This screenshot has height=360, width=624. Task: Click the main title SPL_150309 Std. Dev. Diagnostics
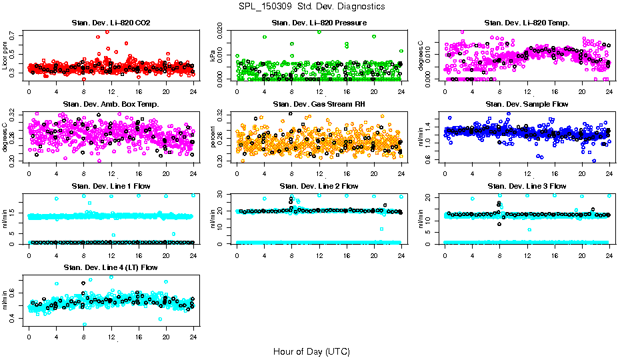click(311, 7)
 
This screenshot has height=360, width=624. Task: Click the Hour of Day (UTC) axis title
click(311, 351)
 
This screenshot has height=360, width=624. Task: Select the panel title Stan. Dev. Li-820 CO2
click(111, 23)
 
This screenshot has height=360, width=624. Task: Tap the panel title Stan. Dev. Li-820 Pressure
click(319, 23)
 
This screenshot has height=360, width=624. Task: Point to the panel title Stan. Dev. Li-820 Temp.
click(527, 23)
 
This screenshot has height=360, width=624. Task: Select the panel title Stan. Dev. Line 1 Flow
click(111, 186)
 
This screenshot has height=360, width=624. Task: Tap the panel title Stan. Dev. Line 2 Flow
click(319, 186)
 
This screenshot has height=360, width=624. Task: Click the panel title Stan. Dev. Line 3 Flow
click(527, 186)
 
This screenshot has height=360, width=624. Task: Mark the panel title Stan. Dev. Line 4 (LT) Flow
click(111, 267)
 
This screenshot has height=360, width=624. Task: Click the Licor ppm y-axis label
click(6, 56)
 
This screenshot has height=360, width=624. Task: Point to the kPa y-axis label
click(214, 56)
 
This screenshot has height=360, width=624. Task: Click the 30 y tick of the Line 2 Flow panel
click(224, 194)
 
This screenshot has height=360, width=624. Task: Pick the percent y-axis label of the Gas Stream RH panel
click(214, 137)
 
